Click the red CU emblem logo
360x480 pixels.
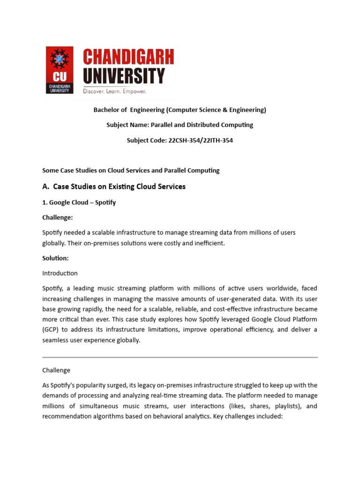click(59, 70)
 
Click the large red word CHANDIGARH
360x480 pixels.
click(128, 58)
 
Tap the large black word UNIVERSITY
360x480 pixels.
click(124, 75)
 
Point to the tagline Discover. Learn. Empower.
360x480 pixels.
click(114, 91)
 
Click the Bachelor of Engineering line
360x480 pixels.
click(180, 110)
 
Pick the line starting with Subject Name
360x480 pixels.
click(180, 125)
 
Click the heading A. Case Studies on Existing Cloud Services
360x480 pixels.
click(114, 187)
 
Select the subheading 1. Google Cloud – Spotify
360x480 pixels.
click(79, 202)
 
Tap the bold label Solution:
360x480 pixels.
click(55, 258)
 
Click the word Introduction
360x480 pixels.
click(60, 273)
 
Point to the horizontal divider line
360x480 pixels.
click(180, 357)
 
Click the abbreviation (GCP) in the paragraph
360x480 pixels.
click(51, 330)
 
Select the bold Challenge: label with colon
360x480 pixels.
click(57, 217)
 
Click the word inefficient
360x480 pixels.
click(209, 243)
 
